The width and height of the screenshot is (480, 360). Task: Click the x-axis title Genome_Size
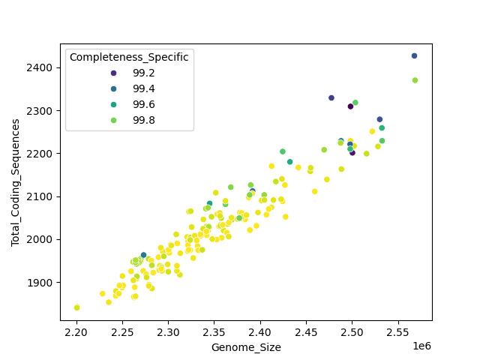point(246,347)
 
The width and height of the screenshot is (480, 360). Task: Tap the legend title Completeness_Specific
point(129,57)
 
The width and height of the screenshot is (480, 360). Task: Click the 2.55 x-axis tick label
point(397,331)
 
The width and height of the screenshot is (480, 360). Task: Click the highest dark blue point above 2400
point(414,56)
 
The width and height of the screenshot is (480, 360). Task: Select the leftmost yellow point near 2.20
point(76,307)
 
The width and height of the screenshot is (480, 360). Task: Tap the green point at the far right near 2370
point(415,80)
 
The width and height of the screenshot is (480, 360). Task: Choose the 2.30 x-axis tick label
point(168,331)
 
